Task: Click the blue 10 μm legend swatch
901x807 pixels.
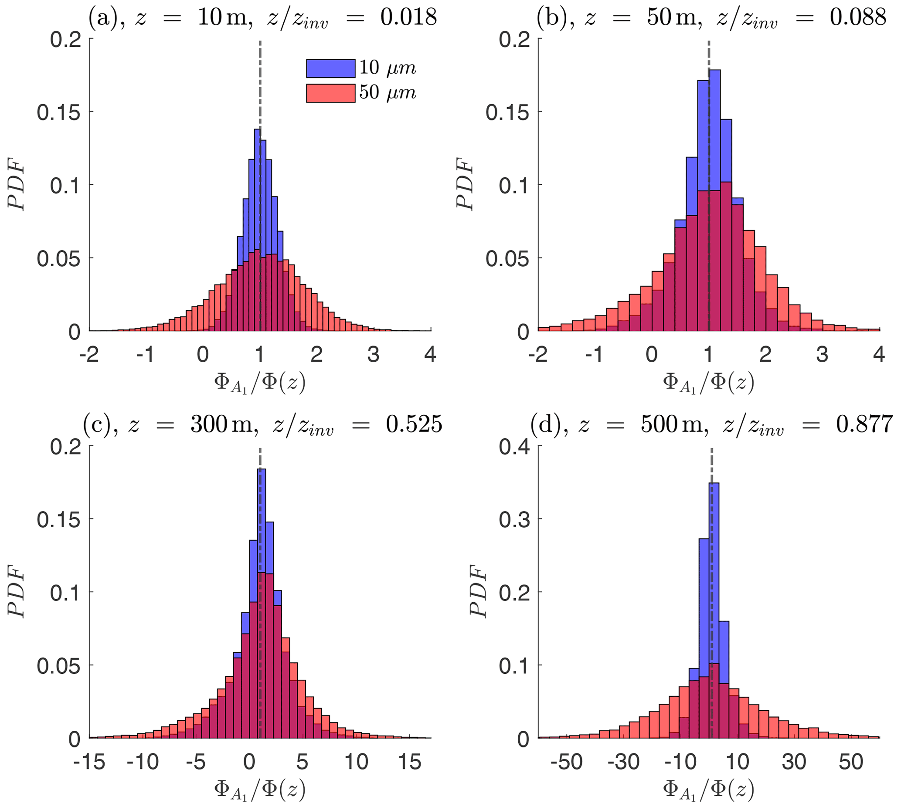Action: click(330, 68)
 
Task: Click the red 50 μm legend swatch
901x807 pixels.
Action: click(330, 93)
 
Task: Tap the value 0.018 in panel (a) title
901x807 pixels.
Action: click(408, 18)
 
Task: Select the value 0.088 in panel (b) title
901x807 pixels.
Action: click(857, 18)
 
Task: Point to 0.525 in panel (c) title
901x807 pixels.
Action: click(414, 424)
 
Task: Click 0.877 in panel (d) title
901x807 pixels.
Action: click(864, 424)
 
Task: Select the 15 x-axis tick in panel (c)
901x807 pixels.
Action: click(409, 762)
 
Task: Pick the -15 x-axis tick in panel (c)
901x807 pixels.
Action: click(89, 762)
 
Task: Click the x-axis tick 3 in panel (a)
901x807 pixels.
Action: click(373, 355)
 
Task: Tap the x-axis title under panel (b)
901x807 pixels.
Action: click(708, 383)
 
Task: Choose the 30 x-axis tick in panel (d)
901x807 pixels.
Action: click(794, 762)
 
